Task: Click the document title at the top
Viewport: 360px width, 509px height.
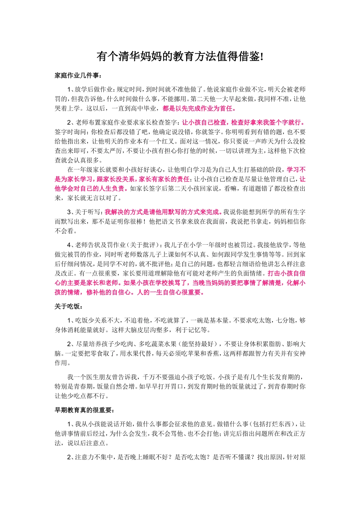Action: point(180,57)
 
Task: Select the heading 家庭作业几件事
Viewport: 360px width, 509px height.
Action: point(78,75)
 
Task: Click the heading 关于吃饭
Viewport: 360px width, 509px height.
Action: point(69,306)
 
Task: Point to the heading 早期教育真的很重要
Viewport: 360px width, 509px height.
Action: point(84,410)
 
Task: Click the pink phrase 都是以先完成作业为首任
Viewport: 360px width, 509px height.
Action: point(199,109)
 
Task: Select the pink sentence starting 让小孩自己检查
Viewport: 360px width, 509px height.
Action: point(243,123)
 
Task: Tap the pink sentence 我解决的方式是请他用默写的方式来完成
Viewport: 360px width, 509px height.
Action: point(163,212)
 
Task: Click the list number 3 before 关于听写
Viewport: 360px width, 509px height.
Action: point(69,212)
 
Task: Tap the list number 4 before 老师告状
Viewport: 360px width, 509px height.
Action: point(69,245)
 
